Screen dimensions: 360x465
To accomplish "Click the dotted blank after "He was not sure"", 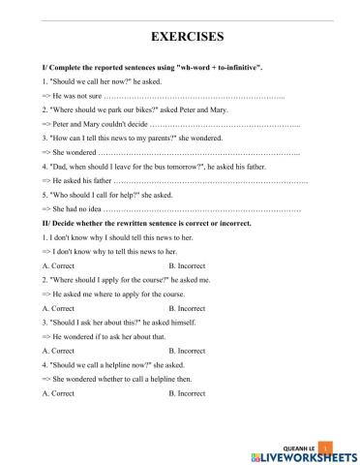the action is [194, 97].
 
